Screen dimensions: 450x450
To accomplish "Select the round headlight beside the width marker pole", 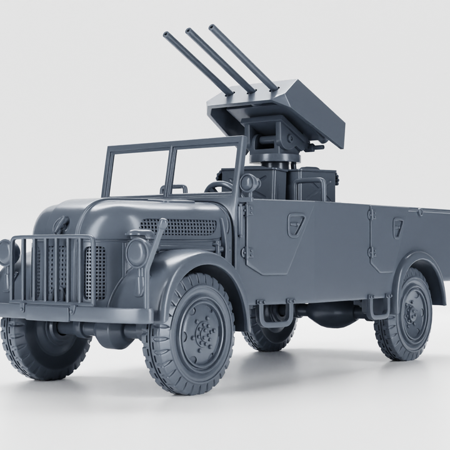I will tap(136, 252).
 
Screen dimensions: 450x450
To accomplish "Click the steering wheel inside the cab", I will tap(218, 186).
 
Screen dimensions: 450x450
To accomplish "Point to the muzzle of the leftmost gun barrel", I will tap(166, 36).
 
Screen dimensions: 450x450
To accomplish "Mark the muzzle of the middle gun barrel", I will tap(189, 31).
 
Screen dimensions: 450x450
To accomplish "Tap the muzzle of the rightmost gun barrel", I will tap(212, 27).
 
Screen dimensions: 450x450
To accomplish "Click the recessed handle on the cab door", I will tap(296, 224).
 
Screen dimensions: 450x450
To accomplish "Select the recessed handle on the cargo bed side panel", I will tap(398, 227).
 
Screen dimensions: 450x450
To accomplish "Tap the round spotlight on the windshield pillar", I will tap(248, 183).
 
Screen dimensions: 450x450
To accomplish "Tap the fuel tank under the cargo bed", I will tap(331, 313).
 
